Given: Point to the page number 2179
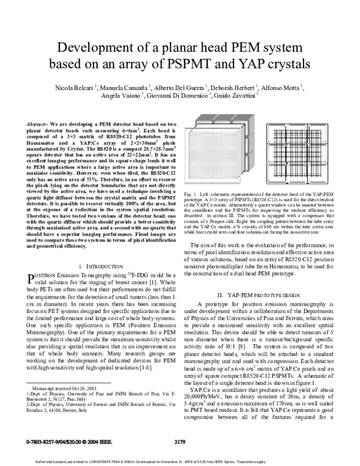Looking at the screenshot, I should click(x=180, y=442).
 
